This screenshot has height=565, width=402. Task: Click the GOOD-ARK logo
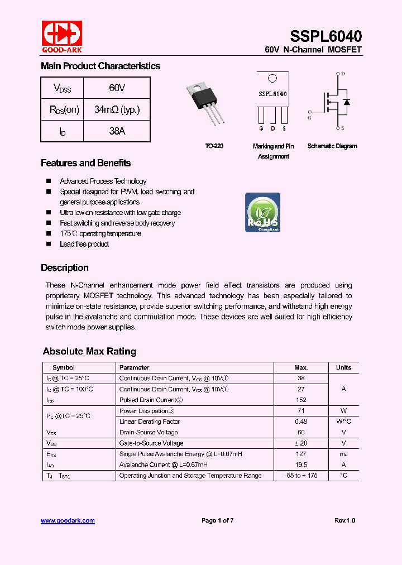coord(61,36)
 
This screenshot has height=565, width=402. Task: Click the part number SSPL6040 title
coord(326,36)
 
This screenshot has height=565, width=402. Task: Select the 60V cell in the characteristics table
coord(117,88)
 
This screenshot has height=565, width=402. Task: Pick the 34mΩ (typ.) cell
coord(117,109)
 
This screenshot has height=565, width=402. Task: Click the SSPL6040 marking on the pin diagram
coord(272,94)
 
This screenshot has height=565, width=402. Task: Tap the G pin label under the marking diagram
coord(261,129)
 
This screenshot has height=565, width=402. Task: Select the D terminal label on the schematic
coord(343,74)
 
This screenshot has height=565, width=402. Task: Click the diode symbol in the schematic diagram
coord(346,102)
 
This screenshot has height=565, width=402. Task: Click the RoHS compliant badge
coord(262,213)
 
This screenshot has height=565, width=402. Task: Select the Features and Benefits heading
coord(85,163)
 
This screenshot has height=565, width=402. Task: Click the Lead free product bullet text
coord(84,244)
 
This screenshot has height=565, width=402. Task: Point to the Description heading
coord(64,267)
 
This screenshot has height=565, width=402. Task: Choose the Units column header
coord(343,367)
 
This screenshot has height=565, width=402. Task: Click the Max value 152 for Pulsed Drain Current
coord(301,400)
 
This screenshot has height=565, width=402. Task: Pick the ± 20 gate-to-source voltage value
coord(301,443)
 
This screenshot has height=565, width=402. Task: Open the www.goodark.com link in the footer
coord(68,520)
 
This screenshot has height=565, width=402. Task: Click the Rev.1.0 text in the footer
coord(344,520)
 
